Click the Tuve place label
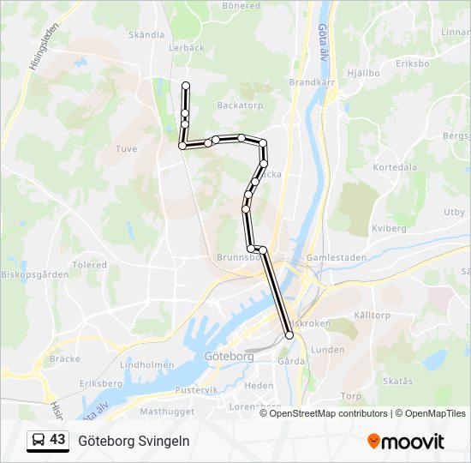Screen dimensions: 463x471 (126, 149)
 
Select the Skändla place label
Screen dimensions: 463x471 (146, 35)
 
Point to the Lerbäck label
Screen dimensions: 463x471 (187, 48)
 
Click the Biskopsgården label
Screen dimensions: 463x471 (34, 275)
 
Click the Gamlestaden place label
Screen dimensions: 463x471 (336, 257)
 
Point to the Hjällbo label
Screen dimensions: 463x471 (363, 74)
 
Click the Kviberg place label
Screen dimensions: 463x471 (389, 229)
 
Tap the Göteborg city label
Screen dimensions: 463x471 (225, 356)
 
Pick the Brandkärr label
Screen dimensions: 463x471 (309, 83)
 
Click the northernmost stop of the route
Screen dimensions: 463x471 (186, 85)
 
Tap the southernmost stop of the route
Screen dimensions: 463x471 (289, 335)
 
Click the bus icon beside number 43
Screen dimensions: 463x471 (39, 441)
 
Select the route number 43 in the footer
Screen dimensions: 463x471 (57, 440)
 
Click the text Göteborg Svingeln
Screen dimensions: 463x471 (134, 441)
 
